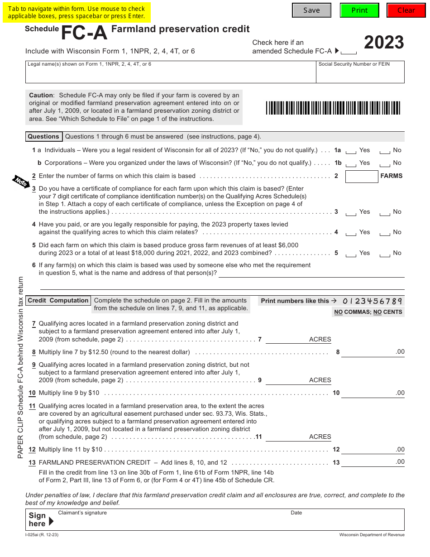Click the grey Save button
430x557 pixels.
coord(311,10)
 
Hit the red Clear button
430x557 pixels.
coord(406,10)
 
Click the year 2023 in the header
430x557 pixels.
coord(384,43)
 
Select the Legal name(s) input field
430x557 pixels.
coord(170,75)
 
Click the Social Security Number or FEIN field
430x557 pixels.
coord(360,75)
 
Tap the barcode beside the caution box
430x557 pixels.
coord(333,108)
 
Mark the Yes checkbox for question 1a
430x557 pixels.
coord(351,151)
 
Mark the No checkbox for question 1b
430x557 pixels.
coord(385,164)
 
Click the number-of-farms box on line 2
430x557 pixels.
coord(361,177)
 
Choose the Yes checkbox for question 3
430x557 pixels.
coord(351,213)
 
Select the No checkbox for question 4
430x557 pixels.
coord(385,233)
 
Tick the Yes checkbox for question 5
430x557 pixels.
coord(351,254)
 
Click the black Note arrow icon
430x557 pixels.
coord(20,181)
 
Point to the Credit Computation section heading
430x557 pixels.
coord(58,301)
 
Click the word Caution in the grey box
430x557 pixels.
coord(41,96)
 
